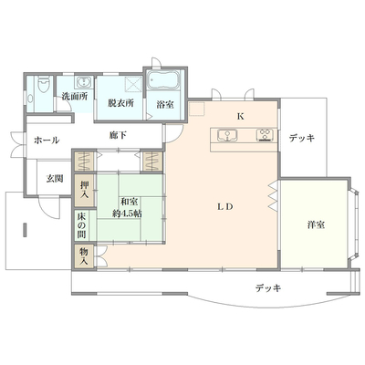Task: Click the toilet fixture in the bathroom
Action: coord(44,84)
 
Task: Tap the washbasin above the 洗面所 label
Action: coord(83,81)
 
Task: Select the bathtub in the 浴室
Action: coord(163,80)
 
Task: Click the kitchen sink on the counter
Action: coord(227,135)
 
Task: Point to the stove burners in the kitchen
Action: coord(266,135)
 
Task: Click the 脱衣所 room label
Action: coord(120,103)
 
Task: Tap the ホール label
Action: coord(47,141)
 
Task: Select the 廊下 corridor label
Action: coord(118,135)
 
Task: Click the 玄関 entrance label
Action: coord(55,179)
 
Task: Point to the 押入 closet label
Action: coord(84,190)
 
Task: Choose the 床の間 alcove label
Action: coord(81,225)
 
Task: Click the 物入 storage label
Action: coord(84,256)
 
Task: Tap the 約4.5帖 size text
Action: coord(127,214)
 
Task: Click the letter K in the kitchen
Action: coord(241,117)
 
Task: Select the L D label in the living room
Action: coord(225,207)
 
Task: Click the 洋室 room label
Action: coord(316,225)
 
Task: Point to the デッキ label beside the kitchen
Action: coord(302,139)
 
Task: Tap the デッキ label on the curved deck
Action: coord(268,287)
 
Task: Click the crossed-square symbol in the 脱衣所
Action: coord(134,83)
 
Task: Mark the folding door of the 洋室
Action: coord(273,197)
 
